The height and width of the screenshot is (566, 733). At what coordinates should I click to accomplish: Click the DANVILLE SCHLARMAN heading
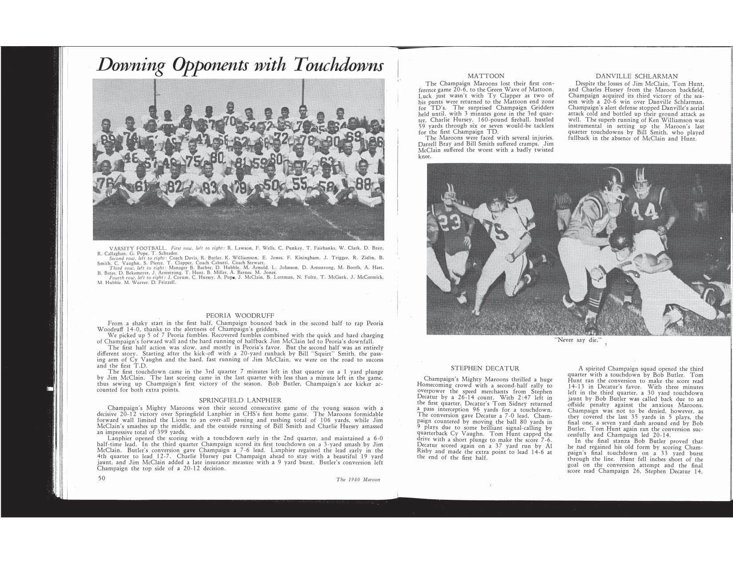click(x=639, y=76)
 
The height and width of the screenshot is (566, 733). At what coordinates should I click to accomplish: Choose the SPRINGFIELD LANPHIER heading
click(x=240, y=400)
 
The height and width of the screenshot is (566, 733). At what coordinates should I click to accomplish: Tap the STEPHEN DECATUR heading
click(x=485, y=368)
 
